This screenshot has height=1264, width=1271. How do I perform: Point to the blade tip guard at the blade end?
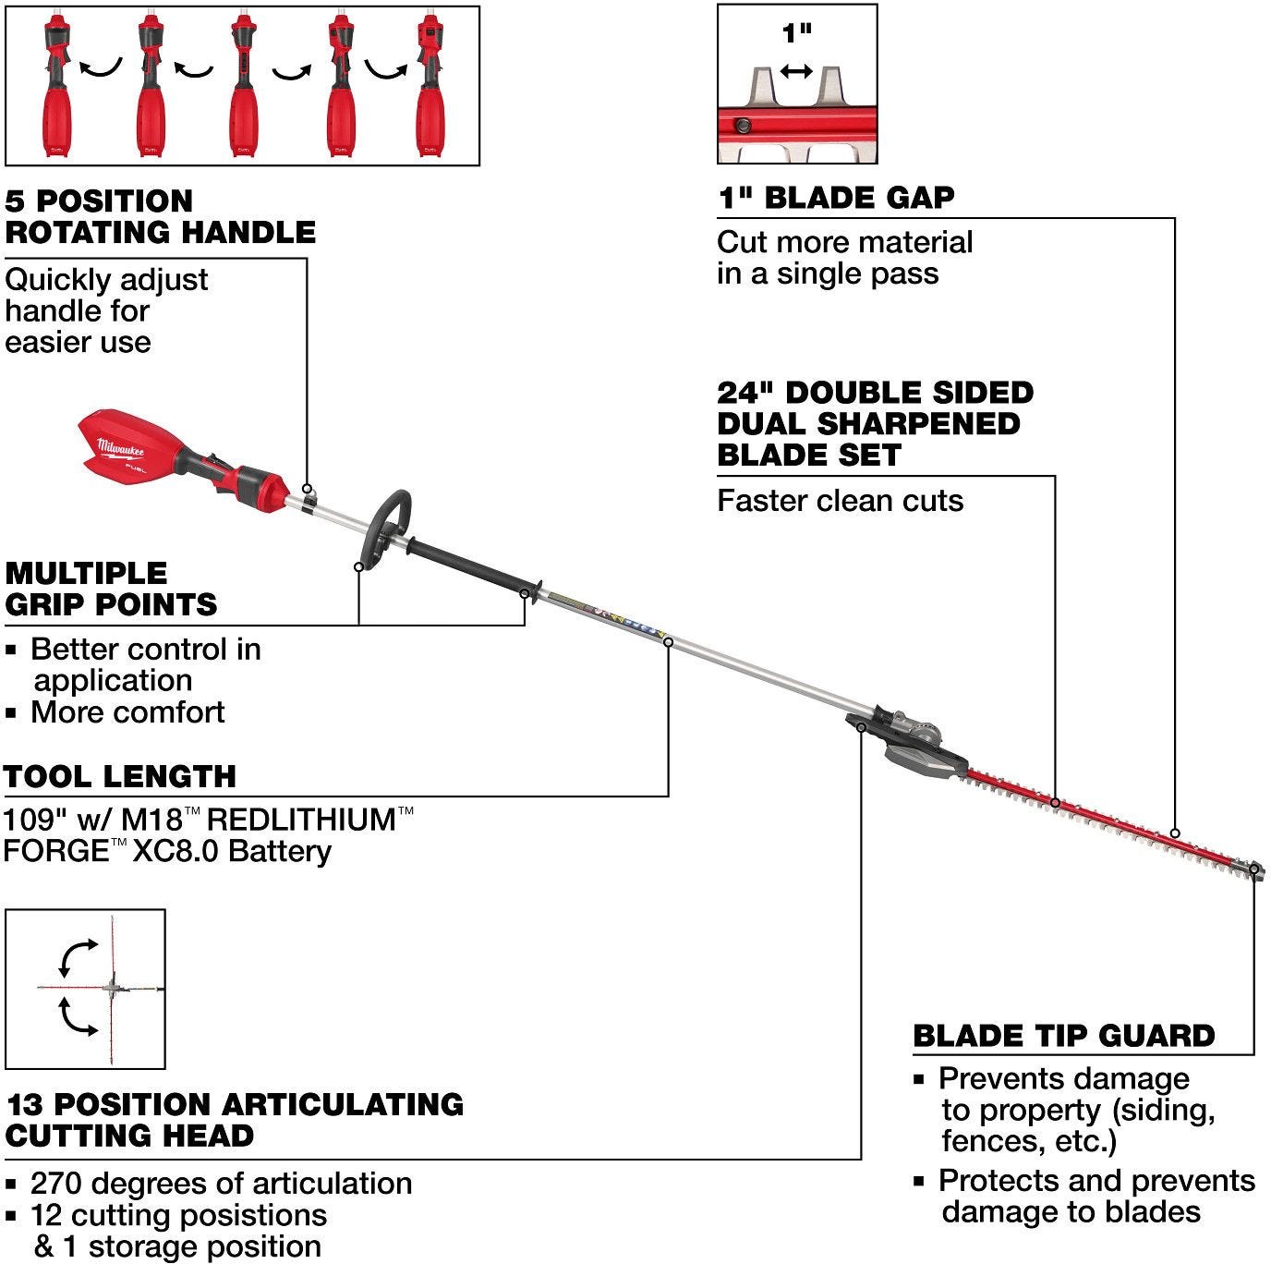[x=1253, y=869]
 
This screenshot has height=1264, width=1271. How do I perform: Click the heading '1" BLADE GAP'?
[x=836, y=198]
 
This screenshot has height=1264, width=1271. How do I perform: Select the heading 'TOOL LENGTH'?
[x=120, y=776]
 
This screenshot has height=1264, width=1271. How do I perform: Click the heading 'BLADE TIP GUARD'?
[x=1063, y=1036]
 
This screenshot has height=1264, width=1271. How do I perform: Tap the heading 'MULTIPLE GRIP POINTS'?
[x=111, y=589]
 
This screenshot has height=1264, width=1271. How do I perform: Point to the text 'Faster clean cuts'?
[x=840, y=501]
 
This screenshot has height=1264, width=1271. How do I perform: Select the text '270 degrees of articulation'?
[x=221, y=1184]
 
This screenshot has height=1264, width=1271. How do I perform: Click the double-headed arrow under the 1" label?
[x=796, y=71]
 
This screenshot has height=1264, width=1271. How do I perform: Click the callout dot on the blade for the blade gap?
[x=1175, y=833]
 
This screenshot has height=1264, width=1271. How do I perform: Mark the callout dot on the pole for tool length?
[x=668, y=641]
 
